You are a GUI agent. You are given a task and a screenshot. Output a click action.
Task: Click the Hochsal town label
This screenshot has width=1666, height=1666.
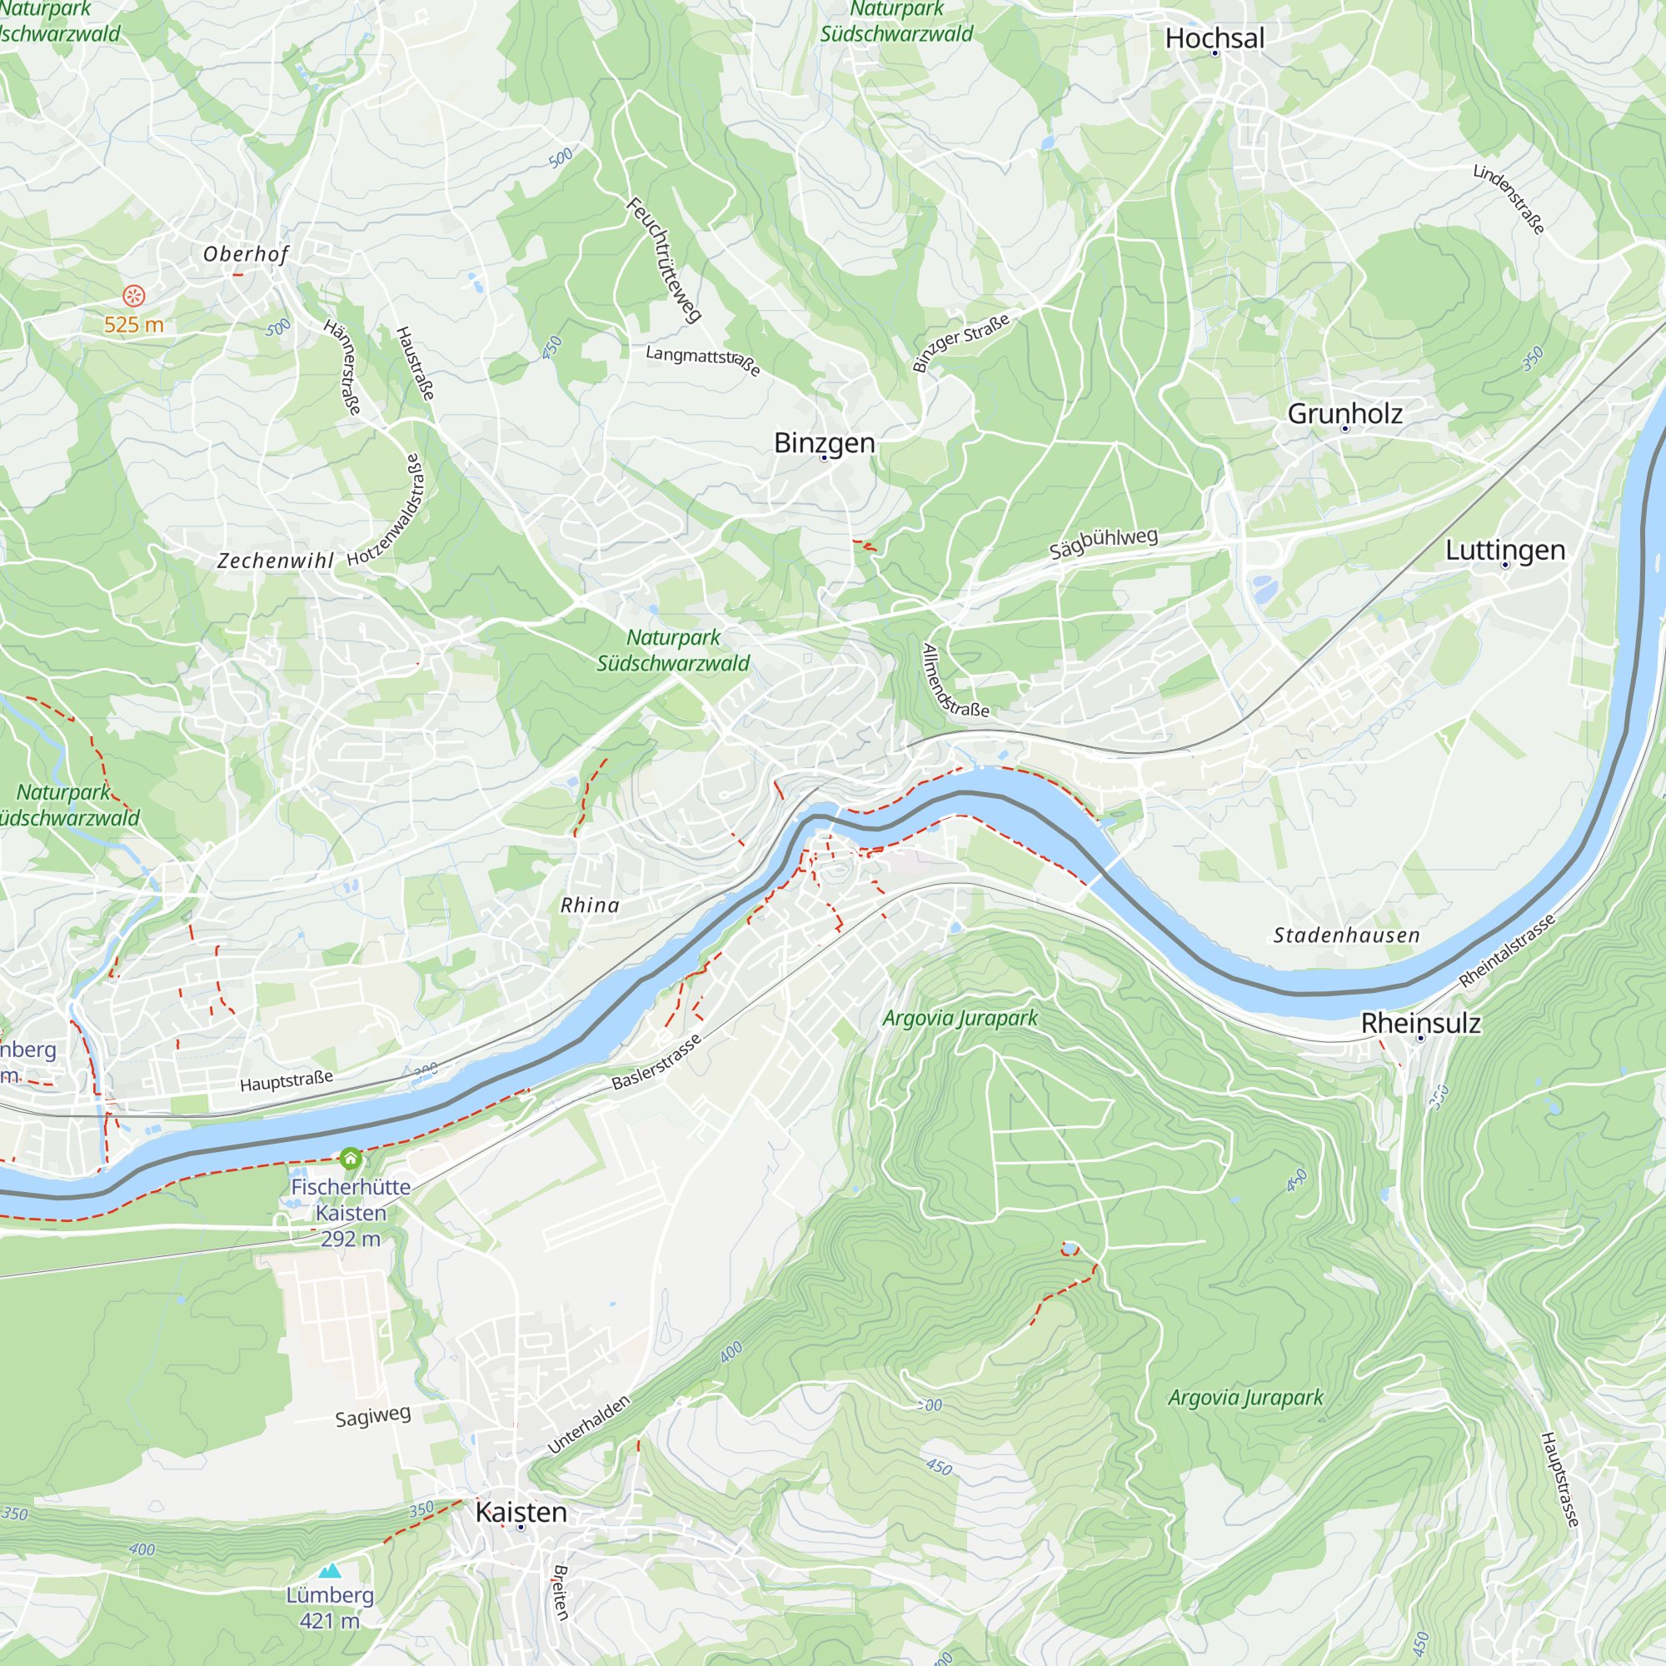[x=1215, y=38]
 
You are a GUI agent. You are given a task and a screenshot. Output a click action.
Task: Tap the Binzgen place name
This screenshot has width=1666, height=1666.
[x=824, y=442]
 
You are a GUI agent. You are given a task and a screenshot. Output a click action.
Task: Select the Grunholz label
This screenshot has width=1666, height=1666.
[x=1344, y=413]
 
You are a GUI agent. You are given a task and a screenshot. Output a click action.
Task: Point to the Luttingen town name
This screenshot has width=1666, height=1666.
[x=1504, y=549]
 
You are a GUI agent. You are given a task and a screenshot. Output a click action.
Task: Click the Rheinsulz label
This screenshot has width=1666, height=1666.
[x=1420, y=1023]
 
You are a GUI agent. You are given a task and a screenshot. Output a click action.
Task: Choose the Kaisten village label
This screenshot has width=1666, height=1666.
[x=521, y=1512]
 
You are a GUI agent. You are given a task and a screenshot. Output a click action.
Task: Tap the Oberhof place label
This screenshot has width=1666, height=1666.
[x=246, y=253]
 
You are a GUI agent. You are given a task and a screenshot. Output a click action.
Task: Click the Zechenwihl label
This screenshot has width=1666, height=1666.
[x=275, y=561]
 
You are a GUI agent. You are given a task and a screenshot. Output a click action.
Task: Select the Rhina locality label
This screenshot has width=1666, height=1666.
[x=590, y=905]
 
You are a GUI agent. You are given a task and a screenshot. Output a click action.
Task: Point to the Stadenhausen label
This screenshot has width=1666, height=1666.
[x=1346, y=935]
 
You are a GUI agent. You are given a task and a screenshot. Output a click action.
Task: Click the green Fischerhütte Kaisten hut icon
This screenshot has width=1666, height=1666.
[x=350, y=1158]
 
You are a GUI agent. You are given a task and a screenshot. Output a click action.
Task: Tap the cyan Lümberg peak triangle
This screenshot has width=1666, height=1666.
[x=330, y=1571]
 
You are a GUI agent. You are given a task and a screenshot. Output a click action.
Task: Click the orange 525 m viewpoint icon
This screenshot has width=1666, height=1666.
[x=133, y=297]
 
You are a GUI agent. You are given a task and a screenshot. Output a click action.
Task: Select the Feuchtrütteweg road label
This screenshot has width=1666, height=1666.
[x=663, y=260]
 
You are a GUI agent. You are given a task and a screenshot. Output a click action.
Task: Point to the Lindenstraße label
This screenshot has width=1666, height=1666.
[x=1509, y=198]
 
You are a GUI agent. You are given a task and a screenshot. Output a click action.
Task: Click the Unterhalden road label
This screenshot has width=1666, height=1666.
[x=589, y=1424]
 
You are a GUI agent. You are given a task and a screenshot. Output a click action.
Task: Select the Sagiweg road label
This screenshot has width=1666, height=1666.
[x=372, y=1416]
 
